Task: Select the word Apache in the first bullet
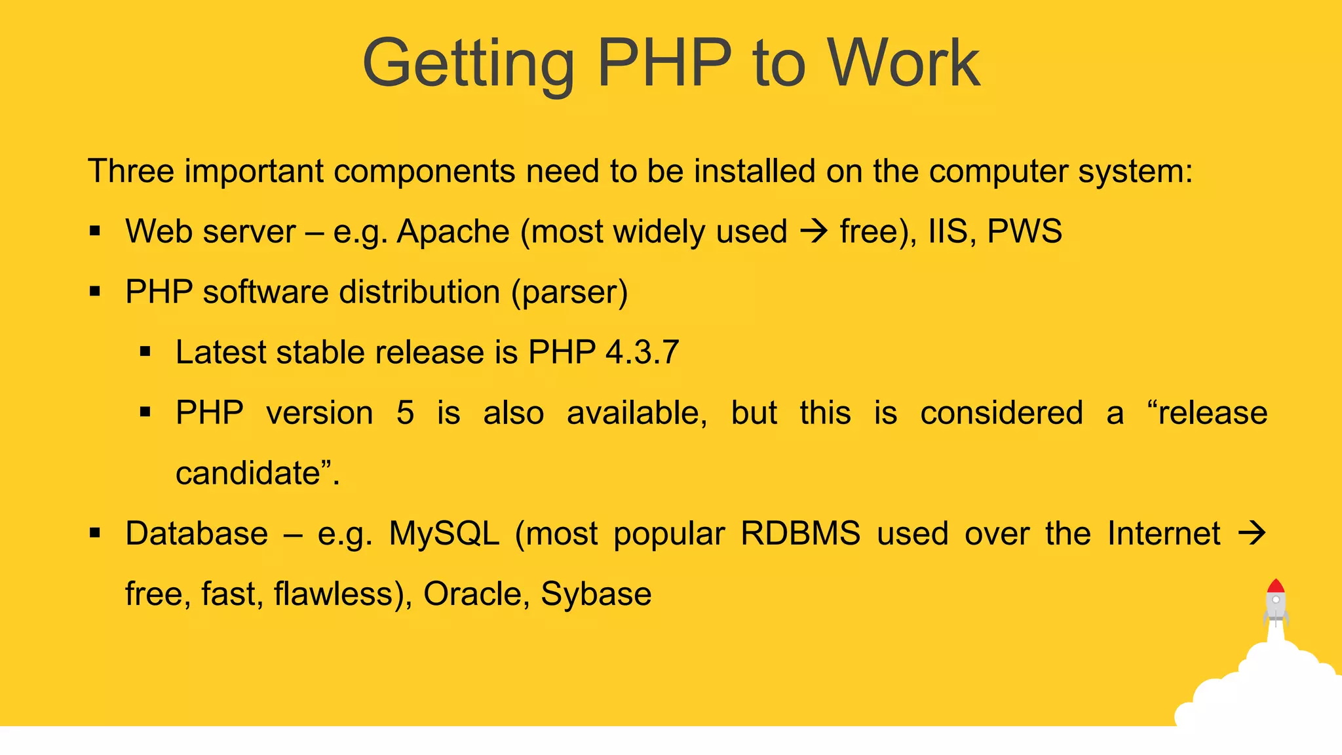point(453,231)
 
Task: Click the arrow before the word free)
point(814,231)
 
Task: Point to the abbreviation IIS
point(948,231)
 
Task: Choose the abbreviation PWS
point(1024,231)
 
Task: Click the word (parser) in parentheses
point(569,292)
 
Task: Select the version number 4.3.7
point(642,353)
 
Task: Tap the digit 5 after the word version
point(405,413)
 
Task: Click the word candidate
point(248,473)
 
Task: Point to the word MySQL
point(444,533)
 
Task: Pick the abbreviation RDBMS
point(800,533)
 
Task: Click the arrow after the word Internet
point(1252,533)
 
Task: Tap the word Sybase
point(596,594)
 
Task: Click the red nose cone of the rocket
point(1275,586)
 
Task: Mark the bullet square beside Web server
point(96,231)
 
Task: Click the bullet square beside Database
point(96,533)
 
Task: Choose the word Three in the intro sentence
point(131,171)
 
